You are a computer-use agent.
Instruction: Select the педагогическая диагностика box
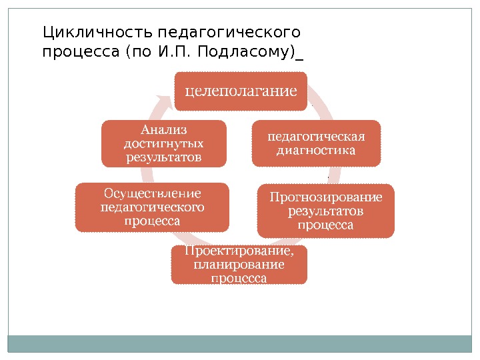[x=315, y=143]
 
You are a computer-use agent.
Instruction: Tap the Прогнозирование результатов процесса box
[x=326, y=211]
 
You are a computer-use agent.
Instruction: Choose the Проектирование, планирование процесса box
[x=239, y=265]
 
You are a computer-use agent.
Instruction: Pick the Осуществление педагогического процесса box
[x=151, y=207]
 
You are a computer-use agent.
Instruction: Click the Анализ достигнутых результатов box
[x=163, y=143]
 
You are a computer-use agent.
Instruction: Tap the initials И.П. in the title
[x=175, y=51]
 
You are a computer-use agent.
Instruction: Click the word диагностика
[x=315, y=150]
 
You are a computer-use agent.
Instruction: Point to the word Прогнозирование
[x=326, y=197]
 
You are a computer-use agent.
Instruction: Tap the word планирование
[x=239, y=265]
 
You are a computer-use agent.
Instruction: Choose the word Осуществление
[x=151, y=193]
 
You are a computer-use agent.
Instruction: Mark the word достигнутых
[x=164, y=143]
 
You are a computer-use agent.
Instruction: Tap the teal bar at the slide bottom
[x=239, y=343]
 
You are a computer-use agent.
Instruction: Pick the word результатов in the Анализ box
[x=164, y=157]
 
